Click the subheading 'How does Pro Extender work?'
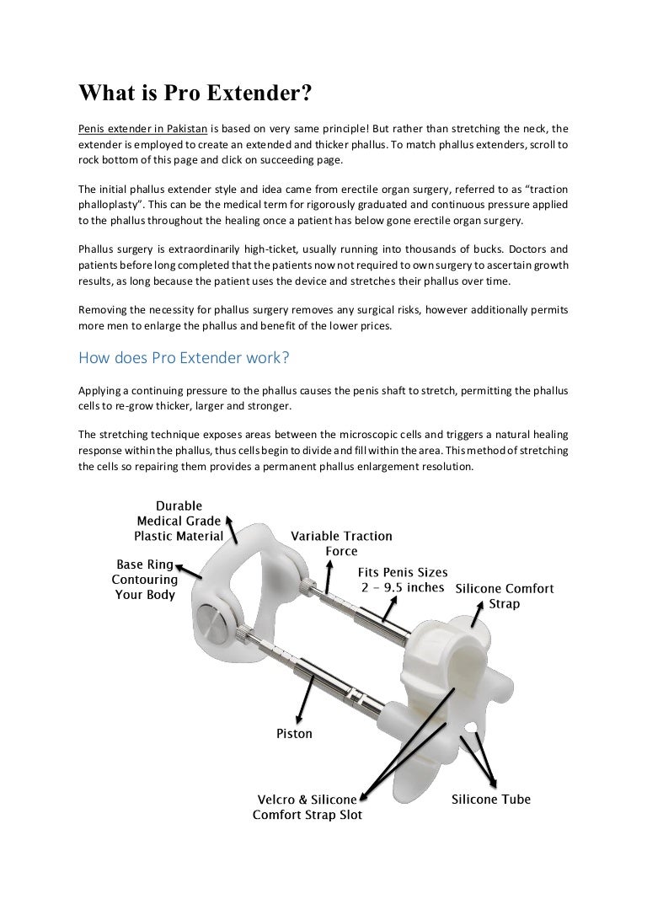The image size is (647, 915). pyautogui.click(x=184, y=357)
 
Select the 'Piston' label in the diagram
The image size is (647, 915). pyautogui.click(x=294, y=733)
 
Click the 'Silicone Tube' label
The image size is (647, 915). pyautogui.click(x=491, y=799)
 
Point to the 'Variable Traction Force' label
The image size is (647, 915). pyautogui.click(x=340, y=543)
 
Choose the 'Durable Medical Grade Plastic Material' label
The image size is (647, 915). pyautogui.click(x=179, y=521)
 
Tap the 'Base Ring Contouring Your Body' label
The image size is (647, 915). pyautogui.click(x=145, y=580)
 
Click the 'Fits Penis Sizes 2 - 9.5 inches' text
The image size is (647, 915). pyautogui.click(x=403, y=580)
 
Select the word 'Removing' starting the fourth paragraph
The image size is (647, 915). pyautogui.click(x=104, y=309)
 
